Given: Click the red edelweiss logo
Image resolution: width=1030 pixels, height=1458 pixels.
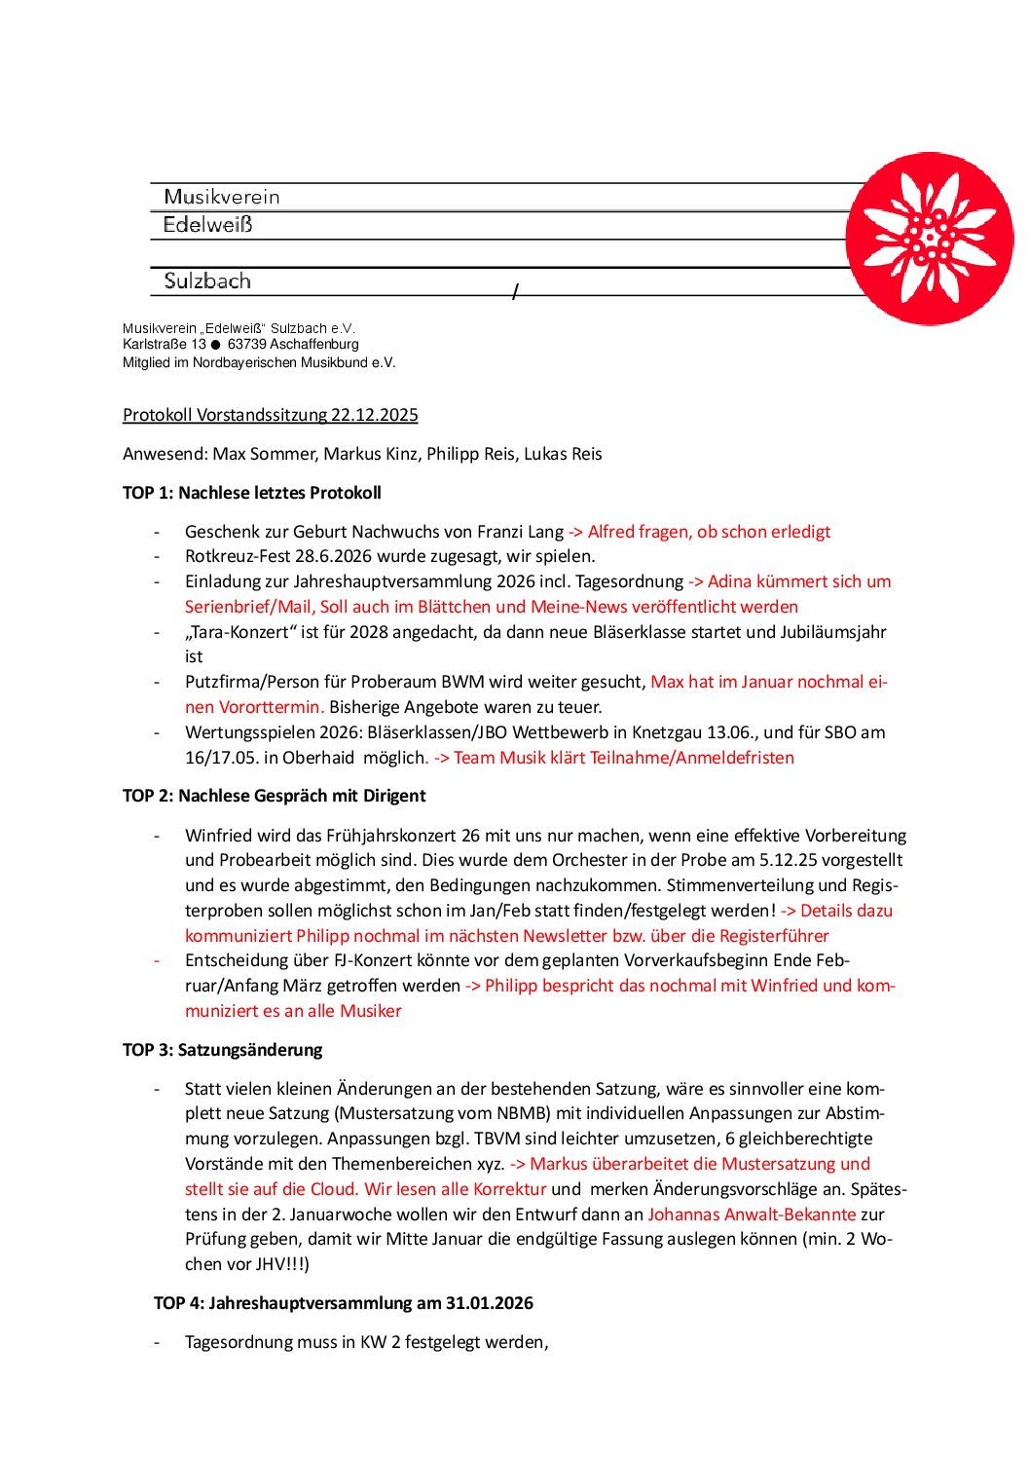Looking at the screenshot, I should (929, 239).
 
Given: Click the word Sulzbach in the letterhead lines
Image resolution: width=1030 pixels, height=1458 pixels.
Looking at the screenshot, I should (207, 281).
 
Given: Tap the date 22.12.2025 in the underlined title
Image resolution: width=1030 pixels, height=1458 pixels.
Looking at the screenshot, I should (374, 415).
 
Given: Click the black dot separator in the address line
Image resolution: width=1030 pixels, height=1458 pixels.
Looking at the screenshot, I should (216, 345).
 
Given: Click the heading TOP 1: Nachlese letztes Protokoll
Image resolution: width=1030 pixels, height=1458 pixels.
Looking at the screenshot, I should (251, 493).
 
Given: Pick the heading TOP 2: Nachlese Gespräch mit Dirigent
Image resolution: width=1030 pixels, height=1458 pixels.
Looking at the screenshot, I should (274, 796).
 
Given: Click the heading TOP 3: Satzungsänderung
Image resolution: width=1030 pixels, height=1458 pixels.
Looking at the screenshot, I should (222, 1050).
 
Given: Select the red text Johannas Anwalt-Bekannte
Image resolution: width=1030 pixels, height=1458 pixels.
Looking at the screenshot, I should (752, 1215).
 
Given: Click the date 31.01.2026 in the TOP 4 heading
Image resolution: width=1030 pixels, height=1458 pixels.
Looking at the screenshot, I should (490, 1303).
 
